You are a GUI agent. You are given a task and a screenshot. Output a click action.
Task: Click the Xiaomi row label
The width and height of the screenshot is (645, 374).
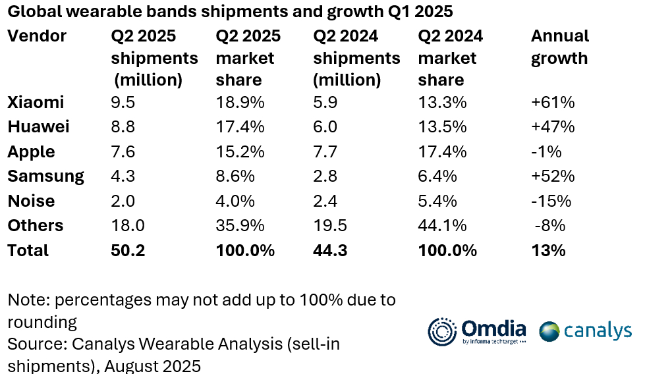(x=36, y=103)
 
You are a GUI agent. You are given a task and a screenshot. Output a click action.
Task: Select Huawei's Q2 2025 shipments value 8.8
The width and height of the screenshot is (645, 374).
(x=123, y=127)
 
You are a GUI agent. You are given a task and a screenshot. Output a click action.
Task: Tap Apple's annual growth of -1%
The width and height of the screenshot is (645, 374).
(x=546, y=152)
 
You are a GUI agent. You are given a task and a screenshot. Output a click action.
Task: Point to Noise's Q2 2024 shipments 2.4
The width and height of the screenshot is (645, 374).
(x=326, y=201)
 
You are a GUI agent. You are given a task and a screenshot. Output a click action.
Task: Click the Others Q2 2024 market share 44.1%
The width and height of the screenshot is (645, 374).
(x=442, y=226)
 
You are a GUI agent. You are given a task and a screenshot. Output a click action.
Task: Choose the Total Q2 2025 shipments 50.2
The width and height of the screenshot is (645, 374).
(x=127, y=251)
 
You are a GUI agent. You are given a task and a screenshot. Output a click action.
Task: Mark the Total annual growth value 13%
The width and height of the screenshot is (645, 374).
(x=548, y=251)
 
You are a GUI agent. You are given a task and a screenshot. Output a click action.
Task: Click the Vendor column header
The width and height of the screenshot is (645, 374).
(x=37, y=36)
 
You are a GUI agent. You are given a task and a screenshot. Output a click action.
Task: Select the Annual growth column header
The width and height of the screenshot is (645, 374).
(x=559, y=47)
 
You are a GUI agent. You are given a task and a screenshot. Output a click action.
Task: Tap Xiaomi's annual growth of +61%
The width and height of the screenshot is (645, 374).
(x=553, y=103)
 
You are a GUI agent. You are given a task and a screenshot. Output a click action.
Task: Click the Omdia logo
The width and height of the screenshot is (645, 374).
(x=477, y=331)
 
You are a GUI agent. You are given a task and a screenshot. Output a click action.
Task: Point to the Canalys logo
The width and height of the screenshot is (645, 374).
(x=586, y=331)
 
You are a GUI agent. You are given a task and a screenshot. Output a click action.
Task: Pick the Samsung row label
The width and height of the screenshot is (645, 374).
(x=45, y=176)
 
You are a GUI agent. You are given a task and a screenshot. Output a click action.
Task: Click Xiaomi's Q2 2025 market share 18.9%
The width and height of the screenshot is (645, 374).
(x=240, y=103)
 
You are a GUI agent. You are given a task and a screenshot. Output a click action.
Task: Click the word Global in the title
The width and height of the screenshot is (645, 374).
(x=33, y=12)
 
